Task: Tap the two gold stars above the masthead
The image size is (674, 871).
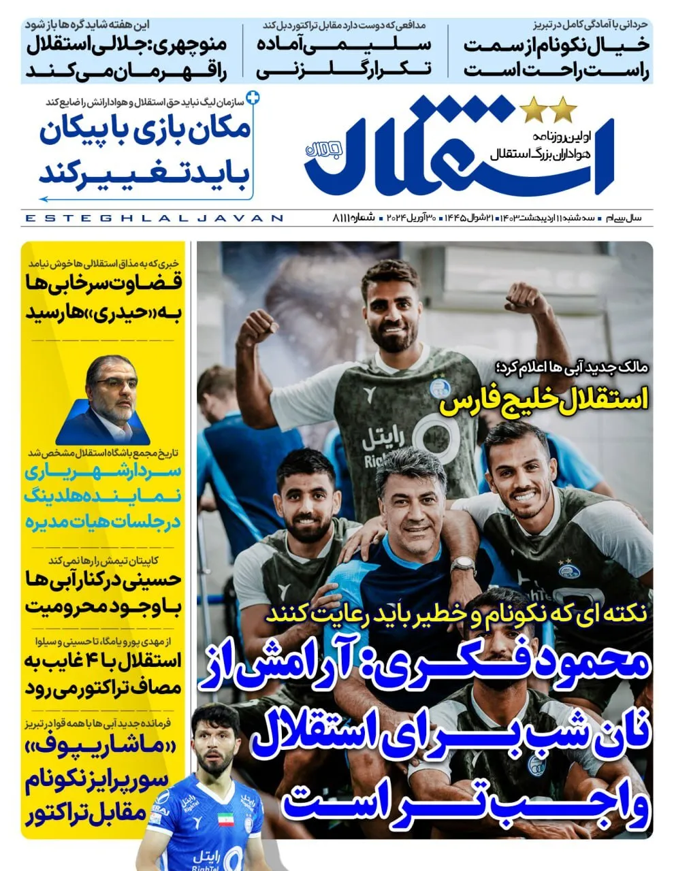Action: click(548, 108)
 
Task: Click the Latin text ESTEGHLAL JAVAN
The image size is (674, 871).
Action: click(153, 218)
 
